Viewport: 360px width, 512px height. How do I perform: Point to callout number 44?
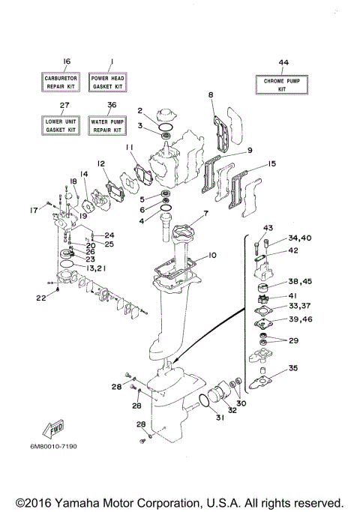point(282,62)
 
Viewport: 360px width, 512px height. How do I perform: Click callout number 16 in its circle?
point(66,61)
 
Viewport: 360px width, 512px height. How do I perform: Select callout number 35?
point(293,368)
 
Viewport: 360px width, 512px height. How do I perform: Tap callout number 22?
point(40,298)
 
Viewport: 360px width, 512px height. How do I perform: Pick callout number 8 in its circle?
point(211,94)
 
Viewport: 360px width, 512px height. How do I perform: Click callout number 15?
point(271,163)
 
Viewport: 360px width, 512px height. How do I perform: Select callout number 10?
point(212,256)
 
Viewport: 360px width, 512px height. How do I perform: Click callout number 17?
point(34,210)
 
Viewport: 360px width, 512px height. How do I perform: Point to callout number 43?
point(266,228)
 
